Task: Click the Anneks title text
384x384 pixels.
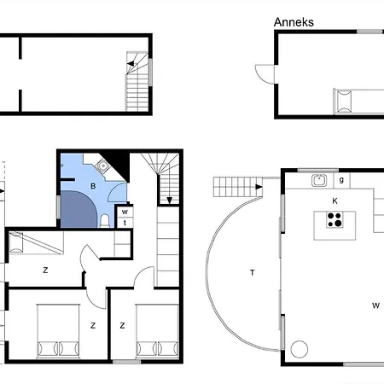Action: pyautogui.click(x=294, y=22)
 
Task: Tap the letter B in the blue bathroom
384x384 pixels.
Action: pyautogui.click(x=93, y=186)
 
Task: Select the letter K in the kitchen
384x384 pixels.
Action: pyautogui.click(x=335, y=201)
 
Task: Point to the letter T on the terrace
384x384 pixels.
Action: pyautogui.click(x=252, y=273)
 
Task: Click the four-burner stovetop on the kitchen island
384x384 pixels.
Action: pyautogui.click(x=335, y=219)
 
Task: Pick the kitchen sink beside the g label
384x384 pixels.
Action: pyautogui.click(x=319, y=180)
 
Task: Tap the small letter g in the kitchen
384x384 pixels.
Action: pyautogui.click(x=341, y=180)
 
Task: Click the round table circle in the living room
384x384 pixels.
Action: pyautogui.click(x=300, y=349)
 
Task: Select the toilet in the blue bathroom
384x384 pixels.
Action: pyautogui.click(x=105, y=221)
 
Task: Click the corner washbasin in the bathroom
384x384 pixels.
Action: pyautogui.click(x=102, y=166)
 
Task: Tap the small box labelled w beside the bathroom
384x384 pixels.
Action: pyautogui.click(x=125, y=212)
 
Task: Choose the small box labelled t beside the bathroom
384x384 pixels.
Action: pyautogui.click(x=125, y=223)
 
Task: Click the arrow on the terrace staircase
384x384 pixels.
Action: pyautogui.click(x=259, y=187)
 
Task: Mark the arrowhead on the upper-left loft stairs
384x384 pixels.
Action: pyautogui.click(x=131, y=63)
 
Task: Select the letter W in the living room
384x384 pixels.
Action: pyautogui.click(x=375, y=305)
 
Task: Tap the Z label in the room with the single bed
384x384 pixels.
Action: pyautogui.click(x=45, y=270)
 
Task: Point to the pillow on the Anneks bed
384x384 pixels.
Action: pyautogui.click(x=344, y=102)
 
